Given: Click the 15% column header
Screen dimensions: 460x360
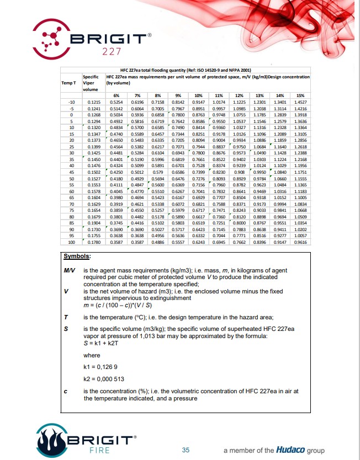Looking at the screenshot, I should tap(301, 96).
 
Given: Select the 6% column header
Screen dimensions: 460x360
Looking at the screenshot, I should tap(117, 96).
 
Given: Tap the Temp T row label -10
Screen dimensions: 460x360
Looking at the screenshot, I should tap(71, 103).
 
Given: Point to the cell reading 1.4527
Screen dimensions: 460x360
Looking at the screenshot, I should tap(301, 103).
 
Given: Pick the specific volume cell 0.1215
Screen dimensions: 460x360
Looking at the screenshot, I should tap(93, 103).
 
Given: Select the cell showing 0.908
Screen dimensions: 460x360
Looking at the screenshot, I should tap(240, 173).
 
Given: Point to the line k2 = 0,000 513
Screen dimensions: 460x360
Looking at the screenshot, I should tap(103, 379).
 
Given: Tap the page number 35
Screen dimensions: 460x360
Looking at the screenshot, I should tap(186, 450).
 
